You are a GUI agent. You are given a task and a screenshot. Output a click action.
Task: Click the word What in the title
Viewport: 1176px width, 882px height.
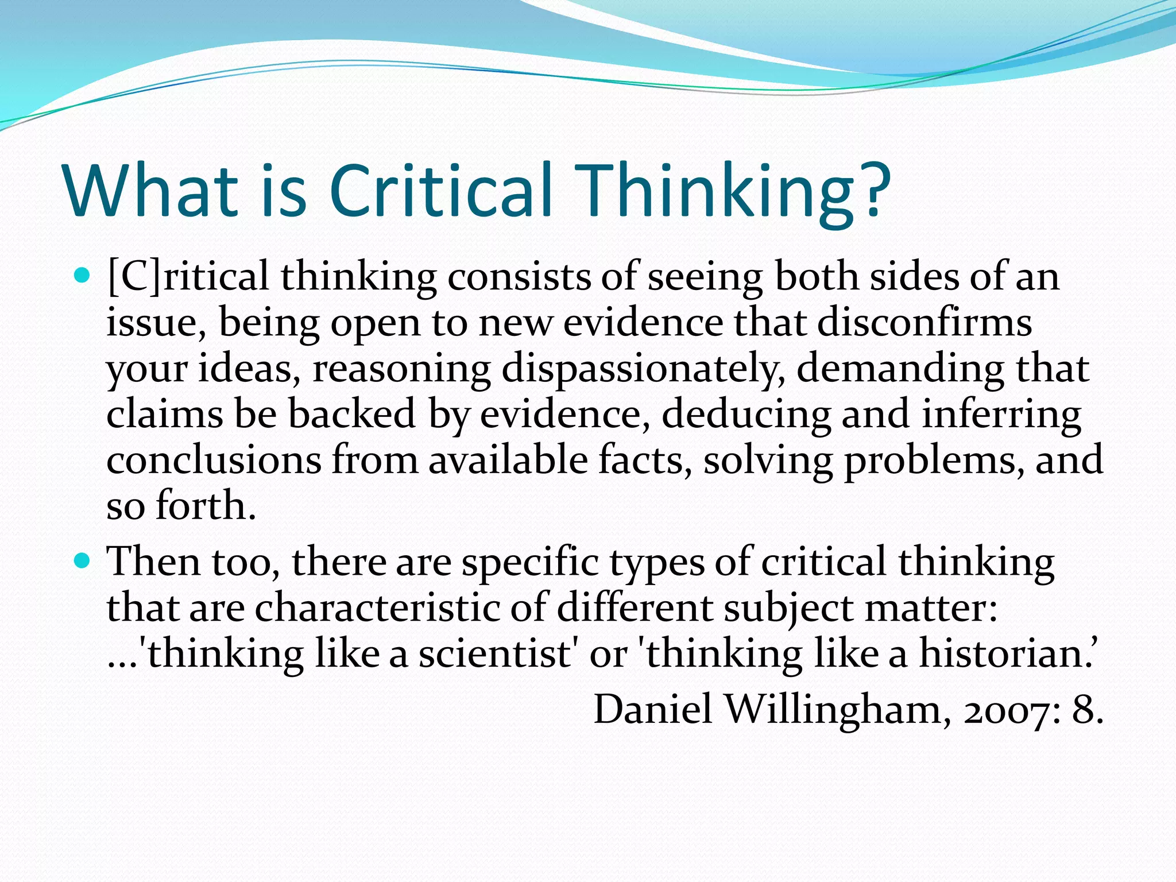150,191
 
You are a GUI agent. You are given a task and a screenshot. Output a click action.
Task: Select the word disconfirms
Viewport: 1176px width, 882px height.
924,323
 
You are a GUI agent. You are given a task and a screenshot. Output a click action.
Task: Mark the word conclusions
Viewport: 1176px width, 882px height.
214,460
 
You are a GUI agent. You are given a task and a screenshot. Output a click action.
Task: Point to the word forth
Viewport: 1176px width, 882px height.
205,505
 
